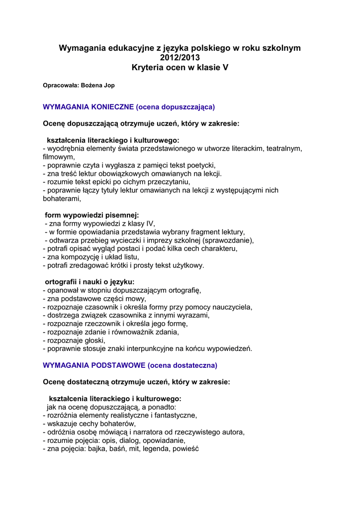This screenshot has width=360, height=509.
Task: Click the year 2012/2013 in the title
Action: coord(180,58)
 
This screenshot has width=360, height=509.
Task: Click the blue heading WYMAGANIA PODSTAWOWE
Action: coord(94,365)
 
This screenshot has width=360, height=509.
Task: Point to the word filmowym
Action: coord(58,157)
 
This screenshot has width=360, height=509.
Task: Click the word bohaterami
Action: coord(61,199)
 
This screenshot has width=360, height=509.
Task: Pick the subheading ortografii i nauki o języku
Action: coord(90,281)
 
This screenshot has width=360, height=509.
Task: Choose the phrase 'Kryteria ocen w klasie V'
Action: coord(180,68)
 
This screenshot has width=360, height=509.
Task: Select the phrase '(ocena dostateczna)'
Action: coord(182,365)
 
